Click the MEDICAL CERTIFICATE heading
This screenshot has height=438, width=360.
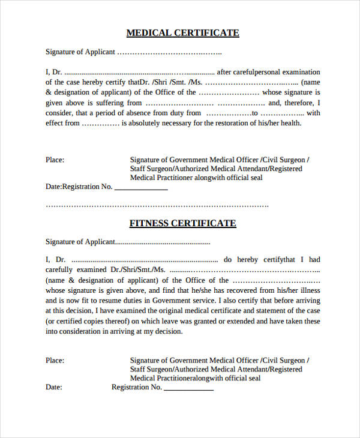(183, 33)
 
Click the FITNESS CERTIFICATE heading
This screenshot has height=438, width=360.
(183, 223)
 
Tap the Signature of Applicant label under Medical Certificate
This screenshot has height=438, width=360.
(80, 52)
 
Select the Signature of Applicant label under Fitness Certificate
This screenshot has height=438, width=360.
(80, 242)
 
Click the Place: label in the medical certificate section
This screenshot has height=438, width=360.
(55, 160)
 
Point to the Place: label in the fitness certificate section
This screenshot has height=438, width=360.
(55, 361)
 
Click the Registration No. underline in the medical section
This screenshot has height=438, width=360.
(141, 190)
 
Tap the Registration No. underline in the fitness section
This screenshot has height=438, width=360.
(188, 390)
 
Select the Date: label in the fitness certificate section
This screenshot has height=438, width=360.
(54, 388)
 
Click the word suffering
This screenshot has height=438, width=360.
(111, 103)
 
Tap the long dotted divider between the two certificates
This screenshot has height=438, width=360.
(157, 206)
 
